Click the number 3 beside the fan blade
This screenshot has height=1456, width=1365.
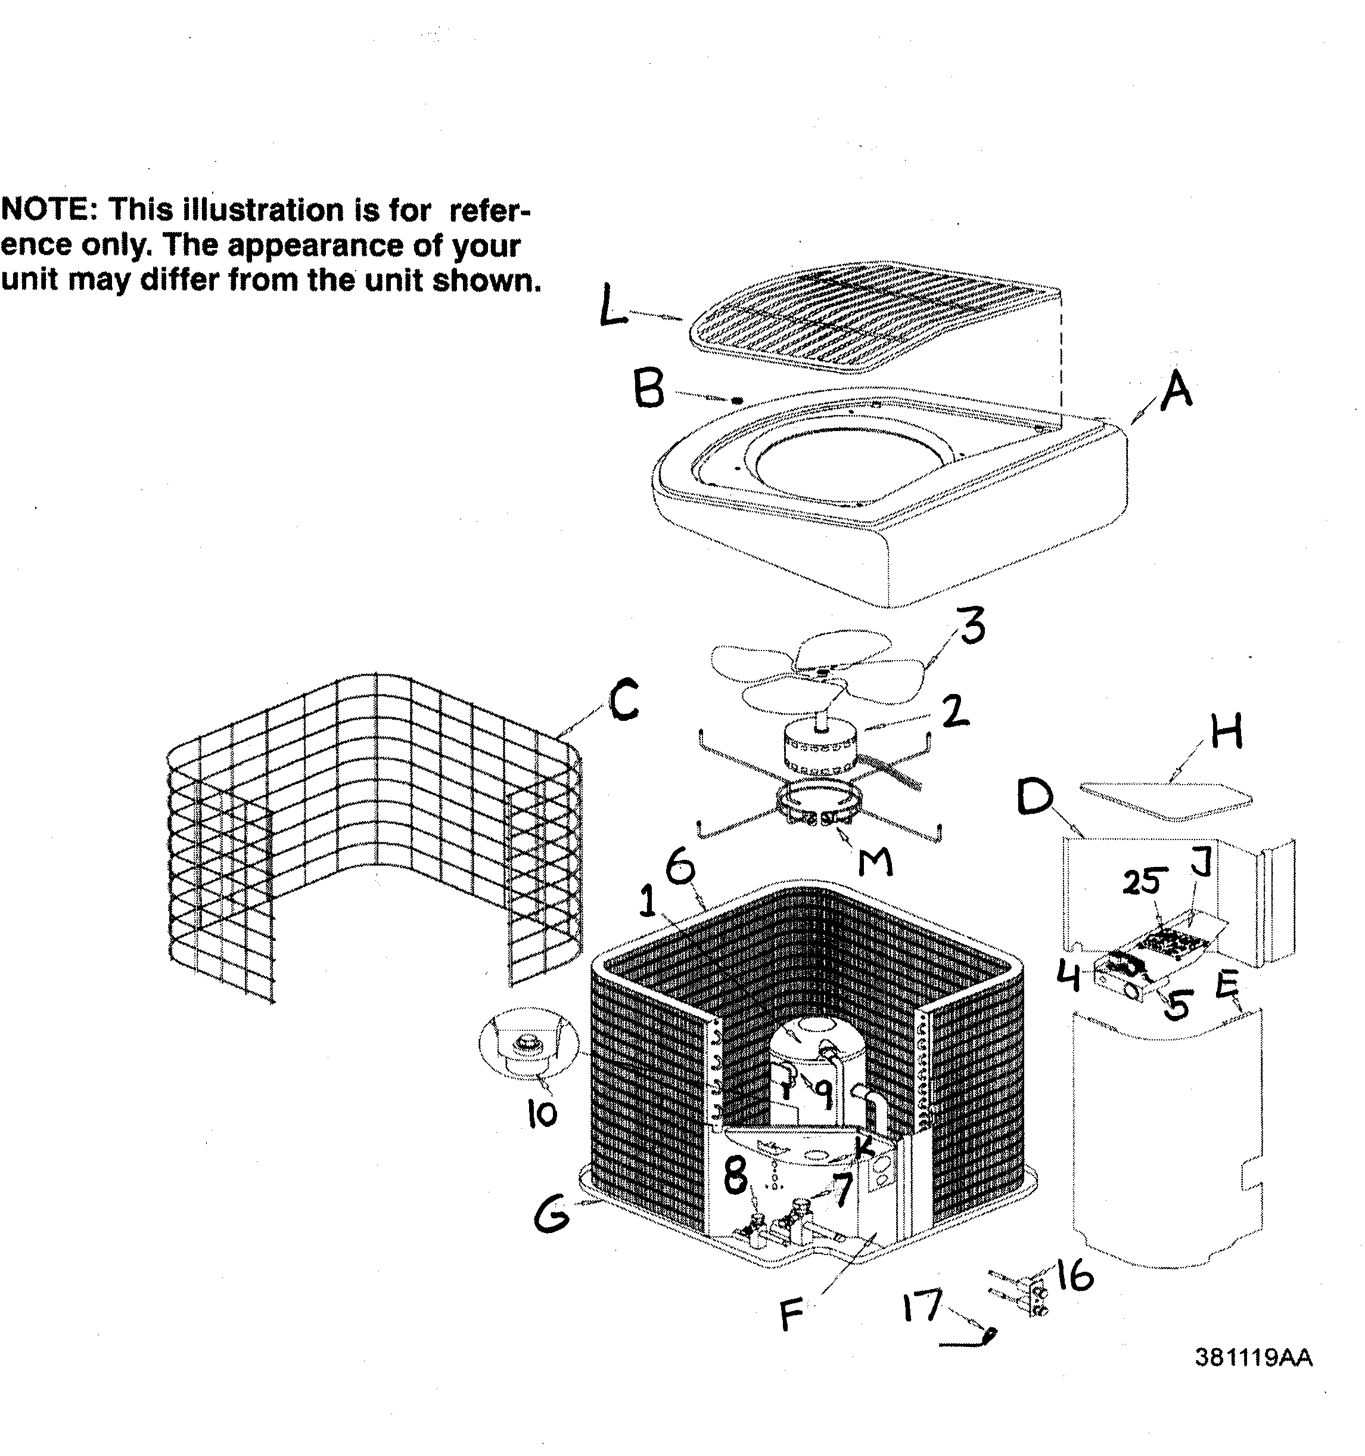point(971,626)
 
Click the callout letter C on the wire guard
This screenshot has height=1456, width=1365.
point(624,700)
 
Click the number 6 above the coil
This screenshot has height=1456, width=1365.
point(680,869)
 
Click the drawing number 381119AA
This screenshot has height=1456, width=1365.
point(1253,1358)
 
